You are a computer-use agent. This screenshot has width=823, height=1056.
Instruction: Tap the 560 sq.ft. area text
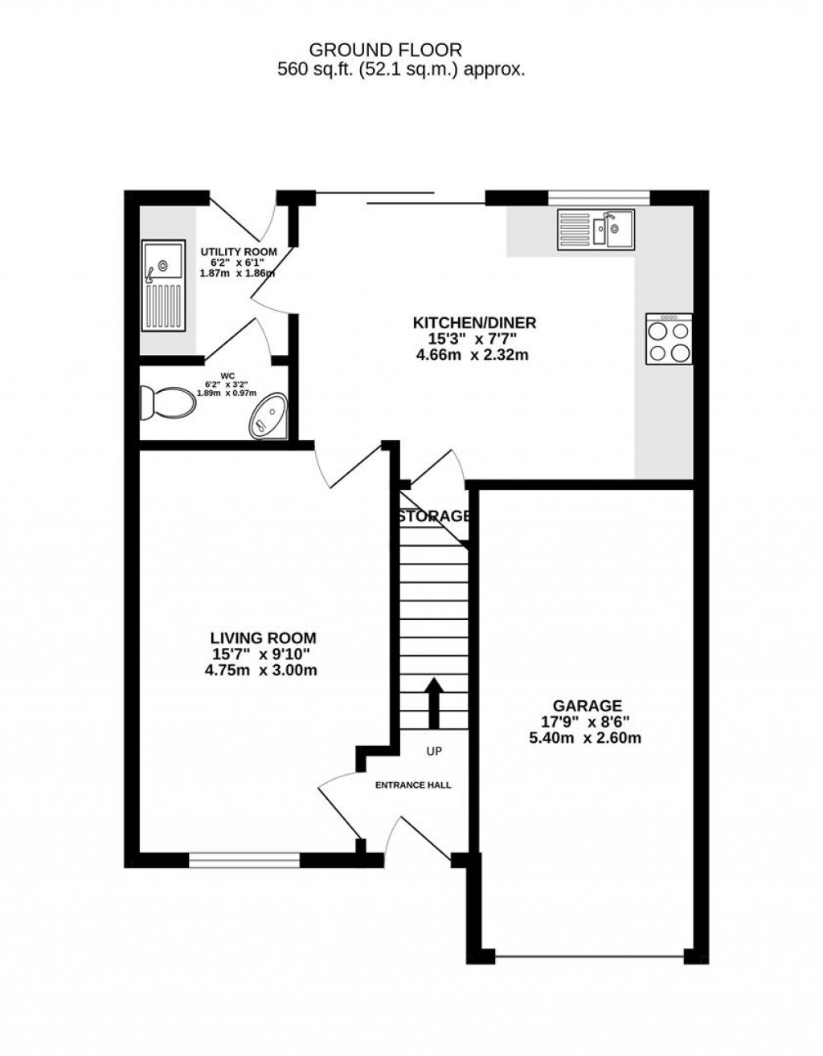[x=401, y=70]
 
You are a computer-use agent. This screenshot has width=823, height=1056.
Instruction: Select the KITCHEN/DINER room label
[x=474, y=323]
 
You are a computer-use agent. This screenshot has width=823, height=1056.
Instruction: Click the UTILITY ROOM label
[x=238, y=251]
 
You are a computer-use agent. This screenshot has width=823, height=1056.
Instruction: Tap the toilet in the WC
[x=166, y=402]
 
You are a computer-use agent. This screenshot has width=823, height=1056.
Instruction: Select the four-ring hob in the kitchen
[x=669, y=340]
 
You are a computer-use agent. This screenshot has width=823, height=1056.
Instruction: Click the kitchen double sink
[x=596, y=228]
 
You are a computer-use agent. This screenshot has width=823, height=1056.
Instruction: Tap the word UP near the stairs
[x=434, y=752]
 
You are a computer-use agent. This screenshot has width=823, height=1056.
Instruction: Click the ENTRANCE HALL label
[x=413, y=785]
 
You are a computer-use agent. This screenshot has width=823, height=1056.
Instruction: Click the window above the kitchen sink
[x=598, y=195]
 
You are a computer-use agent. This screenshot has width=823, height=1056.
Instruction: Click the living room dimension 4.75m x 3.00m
[x=260, y=669]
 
